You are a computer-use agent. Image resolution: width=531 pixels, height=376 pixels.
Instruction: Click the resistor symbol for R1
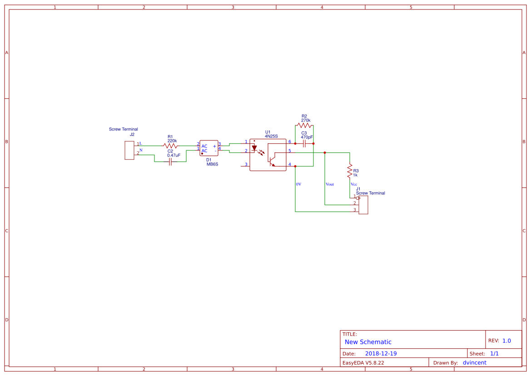[170, 146]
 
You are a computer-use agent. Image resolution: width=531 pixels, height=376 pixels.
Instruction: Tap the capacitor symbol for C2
[170, 162]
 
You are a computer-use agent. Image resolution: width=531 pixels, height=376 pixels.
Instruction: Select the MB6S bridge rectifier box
[209, 148]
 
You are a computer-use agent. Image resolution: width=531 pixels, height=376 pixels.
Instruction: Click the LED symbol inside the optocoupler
[254, 148]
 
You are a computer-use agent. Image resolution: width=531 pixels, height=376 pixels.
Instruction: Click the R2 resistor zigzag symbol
[304, 125]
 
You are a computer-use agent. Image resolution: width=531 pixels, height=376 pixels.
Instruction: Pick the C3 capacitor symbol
[305, 144]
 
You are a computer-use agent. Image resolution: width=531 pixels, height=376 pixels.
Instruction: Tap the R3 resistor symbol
[350, 171]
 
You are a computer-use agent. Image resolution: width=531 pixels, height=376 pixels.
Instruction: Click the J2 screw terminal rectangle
[129, 150]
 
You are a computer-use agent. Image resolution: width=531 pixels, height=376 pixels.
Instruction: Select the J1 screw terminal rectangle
[363, 205]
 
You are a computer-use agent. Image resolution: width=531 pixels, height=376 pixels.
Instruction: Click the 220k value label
[172, 141]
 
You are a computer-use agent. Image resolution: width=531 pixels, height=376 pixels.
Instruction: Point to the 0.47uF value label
[174, 155]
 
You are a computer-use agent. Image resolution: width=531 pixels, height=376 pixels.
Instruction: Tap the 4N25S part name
[271, 136]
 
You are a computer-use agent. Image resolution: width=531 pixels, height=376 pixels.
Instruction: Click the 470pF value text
[307, 137]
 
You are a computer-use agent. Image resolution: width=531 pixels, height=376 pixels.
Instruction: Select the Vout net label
[330, 184]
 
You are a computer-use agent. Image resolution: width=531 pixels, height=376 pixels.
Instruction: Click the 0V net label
[298, 184]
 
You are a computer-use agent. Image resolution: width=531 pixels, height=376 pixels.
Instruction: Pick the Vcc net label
[354, 184]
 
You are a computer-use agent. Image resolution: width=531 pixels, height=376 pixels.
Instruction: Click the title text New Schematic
[368, 342]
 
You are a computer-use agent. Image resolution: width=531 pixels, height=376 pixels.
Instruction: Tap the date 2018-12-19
[381, 354]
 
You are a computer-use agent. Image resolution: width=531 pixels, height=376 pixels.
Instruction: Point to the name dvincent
[474, 363]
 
